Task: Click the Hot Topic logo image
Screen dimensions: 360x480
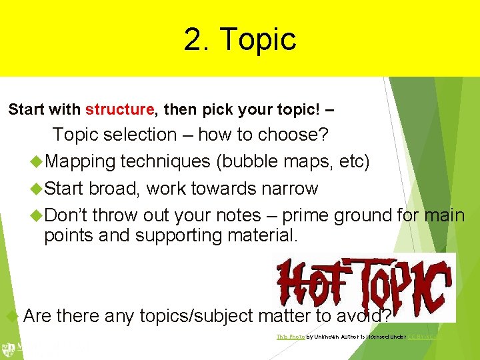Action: coord(364,287)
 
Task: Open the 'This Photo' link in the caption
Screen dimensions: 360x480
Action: coord(287,337)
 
